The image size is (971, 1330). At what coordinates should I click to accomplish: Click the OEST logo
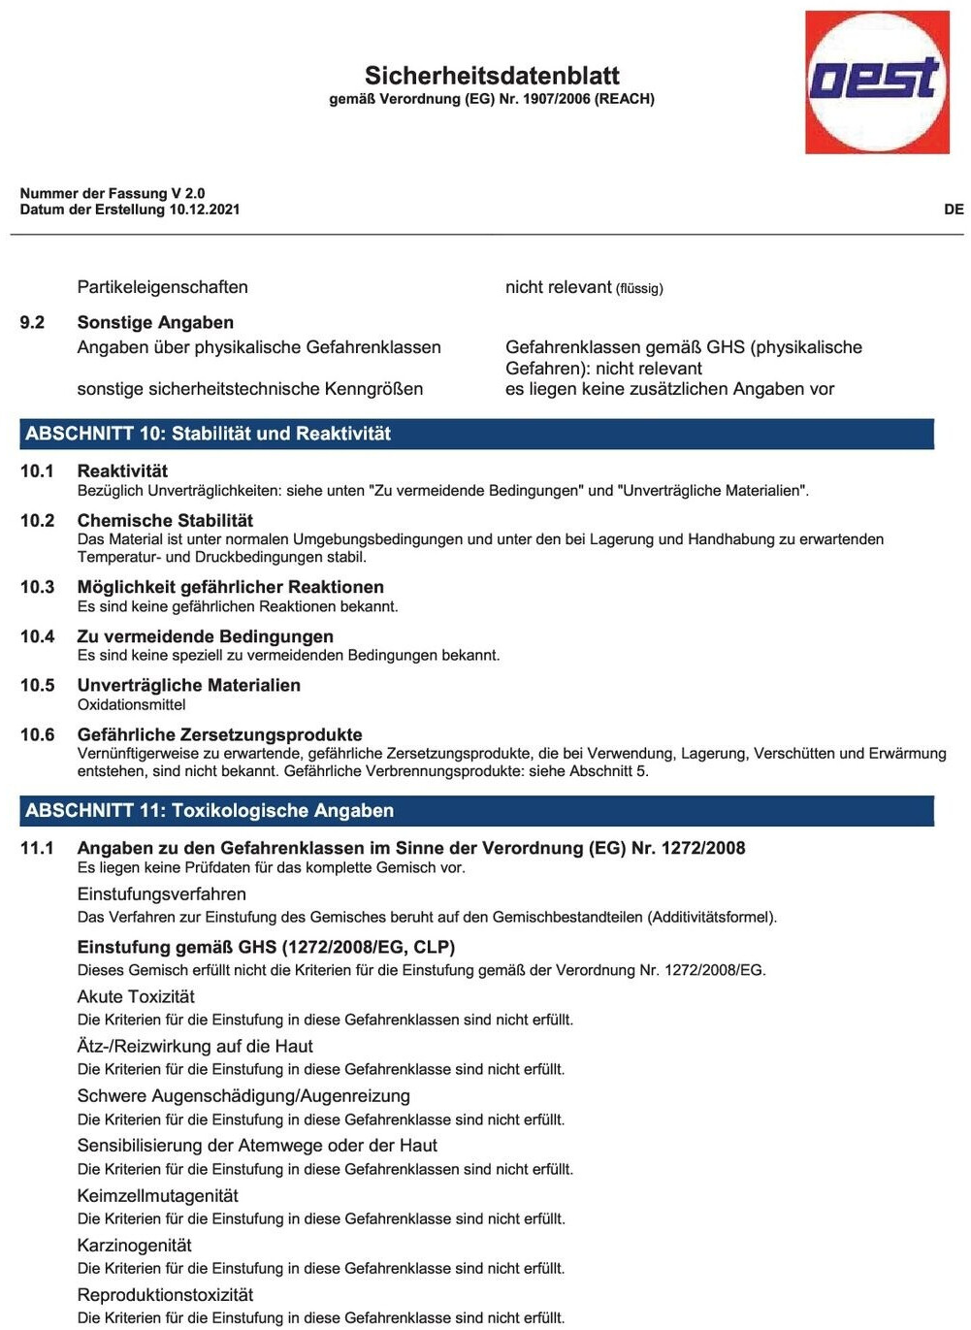pos(877,81)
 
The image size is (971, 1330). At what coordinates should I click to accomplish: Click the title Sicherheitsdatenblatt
pos(492,76)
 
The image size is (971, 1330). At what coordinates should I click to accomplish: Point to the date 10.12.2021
pos(205,210)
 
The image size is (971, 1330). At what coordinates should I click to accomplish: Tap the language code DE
pos(954,209)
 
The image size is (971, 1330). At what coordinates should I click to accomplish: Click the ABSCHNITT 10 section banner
pos(476,434)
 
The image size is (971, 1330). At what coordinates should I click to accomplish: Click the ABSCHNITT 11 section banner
pos(476,810)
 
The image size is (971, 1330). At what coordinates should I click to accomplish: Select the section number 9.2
pos(32,322)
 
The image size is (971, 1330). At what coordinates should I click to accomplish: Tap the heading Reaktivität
pos(122,470)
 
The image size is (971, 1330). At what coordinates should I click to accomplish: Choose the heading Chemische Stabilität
pos(165,520)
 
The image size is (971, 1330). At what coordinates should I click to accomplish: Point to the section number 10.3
pos(37,587)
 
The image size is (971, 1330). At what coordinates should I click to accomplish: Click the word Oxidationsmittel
pos(131,704)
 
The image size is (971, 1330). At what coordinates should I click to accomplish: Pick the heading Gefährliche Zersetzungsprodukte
pos(219,734)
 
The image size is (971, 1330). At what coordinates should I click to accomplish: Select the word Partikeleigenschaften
pos(162,287)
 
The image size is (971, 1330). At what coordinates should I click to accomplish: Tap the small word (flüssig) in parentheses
pos(639,288)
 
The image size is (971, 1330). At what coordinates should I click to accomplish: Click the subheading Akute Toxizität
pos(136,996)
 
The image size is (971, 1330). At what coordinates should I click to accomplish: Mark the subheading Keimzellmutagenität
pos(157,1195)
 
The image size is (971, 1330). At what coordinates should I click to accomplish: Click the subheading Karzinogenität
pos(134,1245)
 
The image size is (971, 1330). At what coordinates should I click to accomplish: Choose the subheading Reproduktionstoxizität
pos(165,1294)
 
